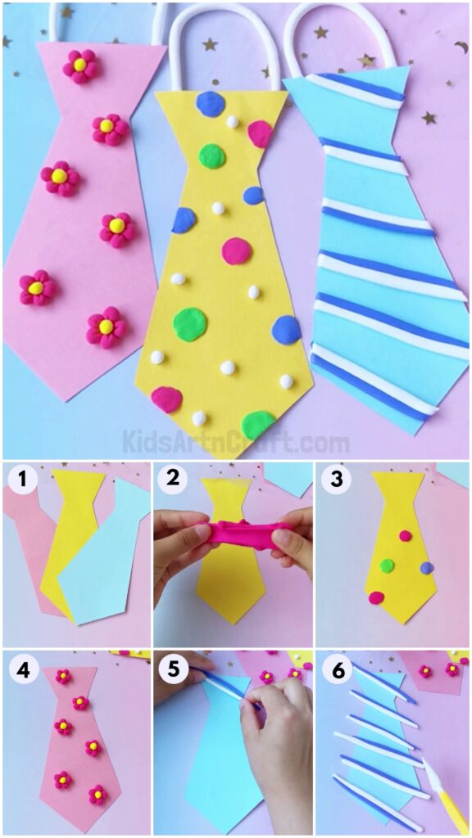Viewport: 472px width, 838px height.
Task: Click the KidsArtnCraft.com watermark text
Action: (236, 443)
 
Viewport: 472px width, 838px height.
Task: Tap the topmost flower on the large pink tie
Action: (80, 65)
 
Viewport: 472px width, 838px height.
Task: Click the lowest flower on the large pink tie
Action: (106, 327)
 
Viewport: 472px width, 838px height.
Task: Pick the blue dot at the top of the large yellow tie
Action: (211, 104)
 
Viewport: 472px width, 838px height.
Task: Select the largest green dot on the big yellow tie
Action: (190, 323)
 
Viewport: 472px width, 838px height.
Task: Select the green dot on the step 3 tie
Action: (387, 565)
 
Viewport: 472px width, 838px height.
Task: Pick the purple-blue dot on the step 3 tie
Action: (424, 567)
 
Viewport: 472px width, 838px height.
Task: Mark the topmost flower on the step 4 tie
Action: (63, 676)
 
